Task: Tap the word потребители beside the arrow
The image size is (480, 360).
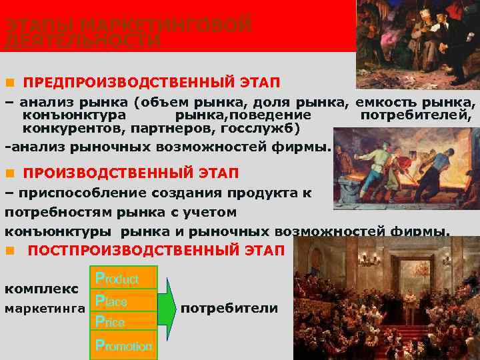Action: click(229, 309)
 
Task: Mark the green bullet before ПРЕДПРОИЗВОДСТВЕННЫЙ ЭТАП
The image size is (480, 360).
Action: click(9, 83)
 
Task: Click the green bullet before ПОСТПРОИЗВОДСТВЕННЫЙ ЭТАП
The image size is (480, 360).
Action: click(9, 251)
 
